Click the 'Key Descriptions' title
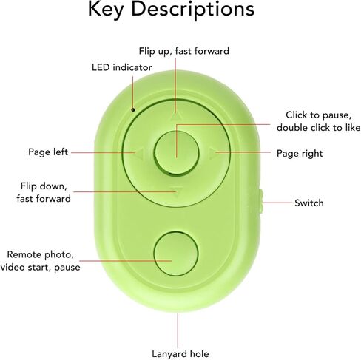[171, 10]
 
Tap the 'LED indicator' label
[122, 67]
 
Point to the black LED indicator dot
[133, 109]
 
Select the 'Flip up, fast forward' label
[184, 51]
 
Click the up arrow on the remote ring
[176, 116]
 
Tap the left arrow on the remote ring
[140, 153]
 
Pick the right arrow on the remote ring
[212, 153]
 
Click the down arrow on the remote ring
[177, 192]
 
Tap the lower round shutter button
[176, 254]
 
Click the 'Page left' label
[48, 152]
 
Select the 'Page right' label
[300, 153]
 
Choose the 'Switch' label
[309, 203]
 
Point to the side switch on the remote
[261, 202]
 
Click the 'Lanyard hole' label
[180, 354]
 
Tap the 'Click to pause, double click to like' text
[319, 121]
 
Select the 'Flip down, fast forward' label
[44, 192]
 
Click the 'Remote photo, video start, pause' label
[40, 261]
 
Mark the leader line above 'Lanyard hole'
[178, 330]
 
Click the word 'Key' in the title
[106, 10]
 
